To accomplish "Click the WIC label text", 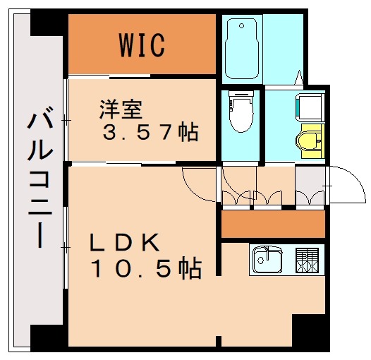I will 142,44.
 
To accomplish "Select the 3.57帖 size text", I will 150,132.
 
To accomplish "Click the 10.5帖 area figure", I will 145,268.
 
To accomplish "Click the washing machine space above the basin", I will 308,107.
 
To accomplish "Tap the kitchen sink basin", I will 267,260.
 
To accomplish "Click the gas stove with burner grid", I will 308,260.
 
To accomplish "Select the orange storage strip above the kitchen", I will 272,225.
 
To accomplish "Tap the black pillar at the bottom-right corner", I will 310,332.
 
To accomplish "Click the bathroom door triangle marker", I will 300,76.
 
